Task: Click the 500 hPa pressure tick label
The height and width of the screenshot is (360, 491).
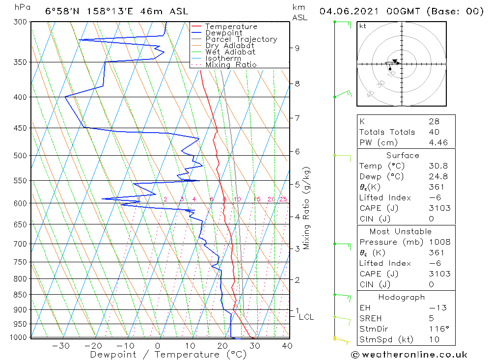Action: [20, 156]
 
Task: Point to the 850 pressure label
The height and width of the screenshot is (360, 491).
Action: [20, 295]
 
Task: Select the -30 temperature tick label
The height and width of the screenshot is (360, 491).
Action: [61, 346]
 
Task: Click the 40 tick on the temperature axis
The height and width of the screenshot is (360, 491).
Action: [287, 346]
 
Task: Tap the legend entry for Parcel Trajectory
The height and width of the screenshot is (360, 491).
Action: [241, 39]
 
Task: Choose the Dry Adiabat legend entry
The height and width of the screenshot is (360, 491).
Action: [230, 46]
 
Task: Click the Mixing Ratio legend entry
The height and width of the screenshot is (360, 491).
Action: [231, 65]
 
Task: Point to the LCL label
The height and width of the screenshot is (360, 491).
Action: [306, 317]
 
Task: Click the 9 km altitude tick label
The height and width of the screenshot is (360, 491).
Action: [297, 48]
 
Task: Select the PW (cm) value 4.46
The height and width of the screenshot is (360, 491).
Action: [438, 142]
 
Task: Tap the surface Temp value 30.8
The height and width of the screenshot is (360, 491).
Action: [438, 166]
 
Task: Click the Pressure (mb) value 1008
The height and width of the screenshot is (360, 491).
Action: [439, 242]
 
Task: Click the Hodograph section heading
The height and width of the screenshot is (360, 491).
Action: [402, 297]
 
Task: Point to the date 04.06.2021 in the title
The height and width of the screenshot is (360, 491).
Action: [349, 12]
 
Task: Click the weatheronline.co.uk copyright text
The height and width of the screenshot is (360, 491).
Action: [409, 355]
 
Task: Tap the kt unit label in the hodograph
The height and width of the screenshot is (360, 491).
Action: [363, 26]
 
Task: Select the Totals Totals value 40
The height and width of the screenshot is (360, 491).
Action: [435, 132]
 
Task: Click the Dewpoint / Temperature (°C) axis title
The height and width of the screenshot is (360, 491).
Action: [168, 355]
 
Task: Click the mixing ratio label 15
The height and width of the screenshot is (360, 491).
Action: [257, 199]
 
